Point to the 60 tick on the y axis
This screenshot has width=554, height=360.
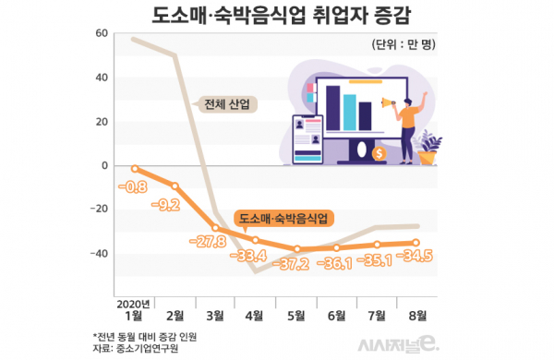click(x=101, y=33)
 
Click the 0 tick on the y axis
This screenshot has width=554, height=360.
click(x=104, y=166)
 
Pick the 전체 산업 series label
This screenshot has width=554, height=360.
click(x=227, y=104)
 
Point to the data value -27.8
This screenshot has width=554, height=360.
click(x=209, y=241)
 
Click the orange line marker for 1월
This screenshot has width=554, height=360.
click(x=135, y=169)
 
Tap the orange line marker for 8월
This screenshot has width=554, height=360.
click(x=418, y=243)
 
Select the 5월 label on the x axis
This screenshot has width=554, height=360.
click(x=296, y=315)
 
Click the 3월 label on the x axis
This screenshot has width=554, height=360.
click(x=215, y=315)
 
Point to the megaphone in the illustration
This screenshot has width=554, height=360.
click(x=391, y=107)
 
